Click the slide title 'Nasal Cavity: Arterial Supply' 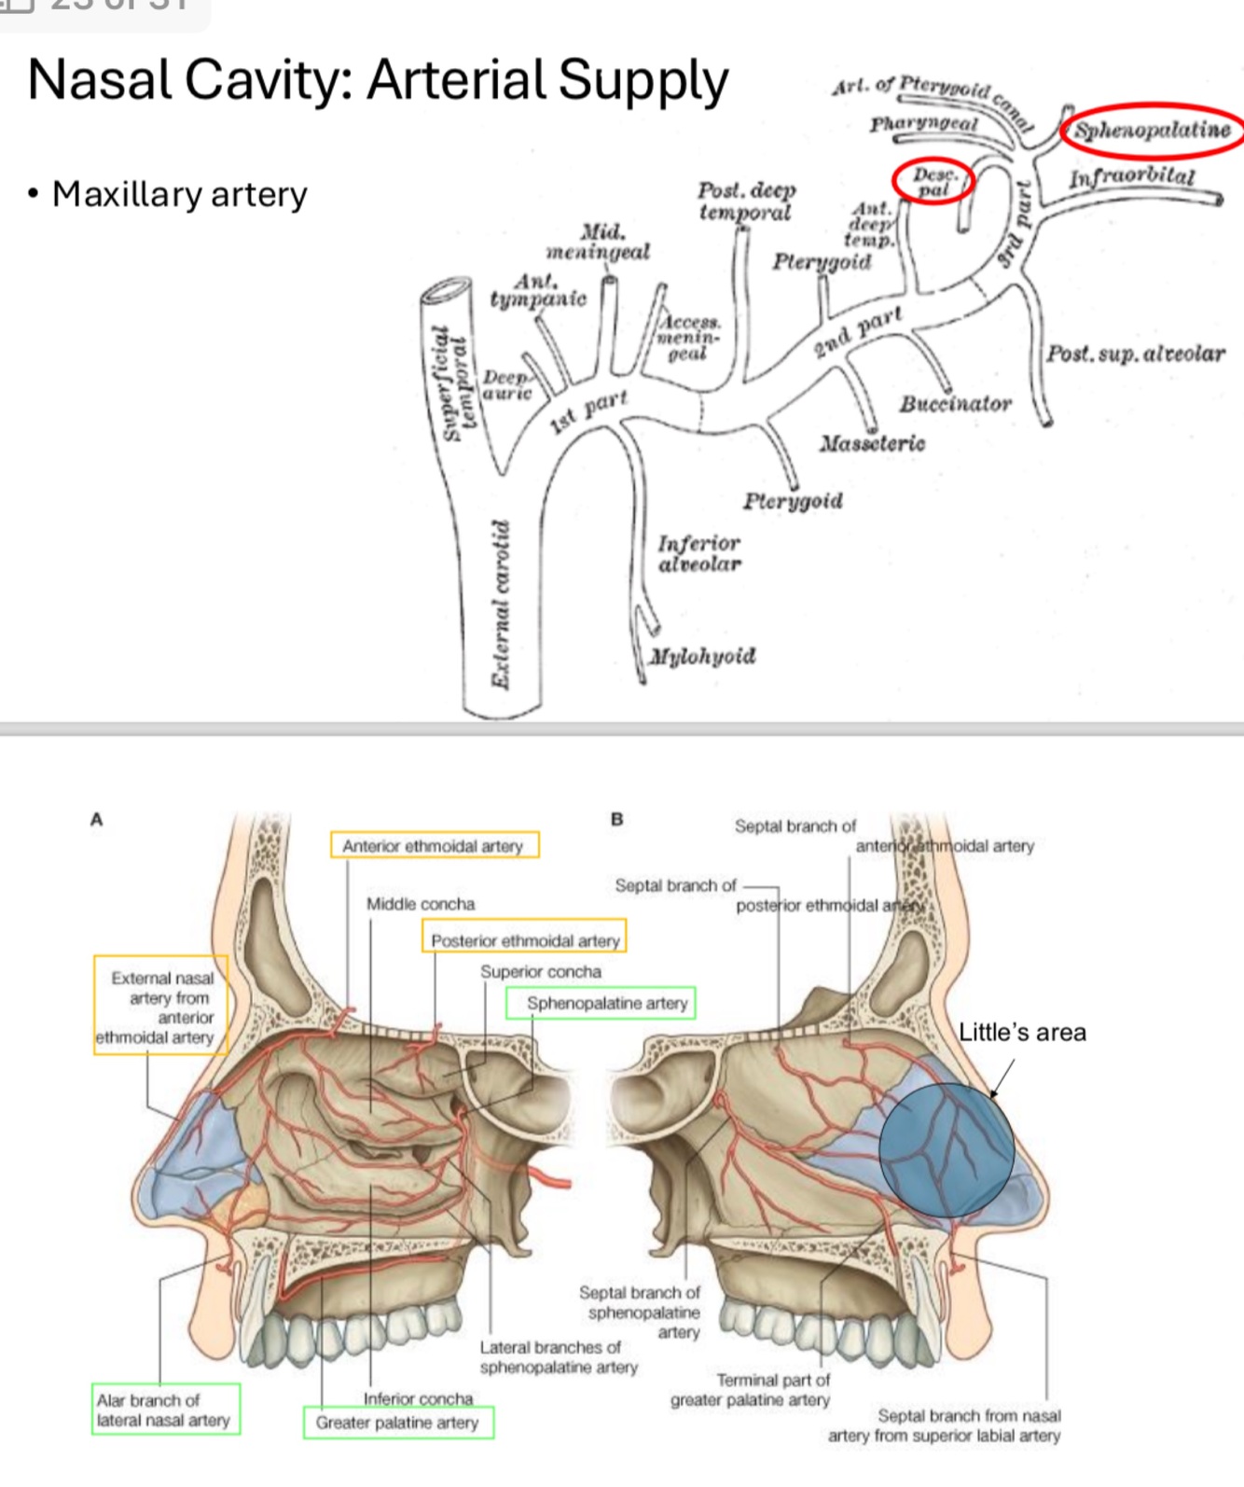click(x=378, y=80)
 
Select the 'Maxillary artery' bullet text click(x=179, y=194)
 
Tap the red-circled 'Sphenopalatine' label click(x=1152, y=130)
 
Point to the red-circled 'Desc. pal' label click(x=933, y=182)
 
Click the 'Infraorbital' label click(x=1131, y=177)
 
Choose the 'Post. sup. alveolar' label click(x=1135, y=354)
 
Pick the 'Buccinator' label click(x=955, y=404)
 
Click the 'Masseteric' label click(x=872, y=443)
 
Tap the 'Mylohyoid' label click(x=702, y=656)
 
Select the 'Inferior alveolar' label click(x=699, y=553)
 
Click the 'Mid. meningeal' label click(x=599, y=242)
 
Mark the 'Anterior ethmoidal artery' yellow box click(x=434, y=845)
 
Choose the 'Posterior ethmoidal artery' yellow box click(x=524, y=939)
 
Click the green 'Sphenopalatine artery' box click(x=601, y=1003)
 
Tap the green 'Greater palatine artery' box click(x=398, y=1423)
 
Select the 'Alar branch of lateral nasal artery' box click(x=164, y=1410)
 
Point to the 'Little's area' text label click(x=1022, y=1033)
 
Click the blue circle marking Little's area click(x=946, y=1150)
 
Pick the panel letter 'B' click(x=616, y=819)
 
